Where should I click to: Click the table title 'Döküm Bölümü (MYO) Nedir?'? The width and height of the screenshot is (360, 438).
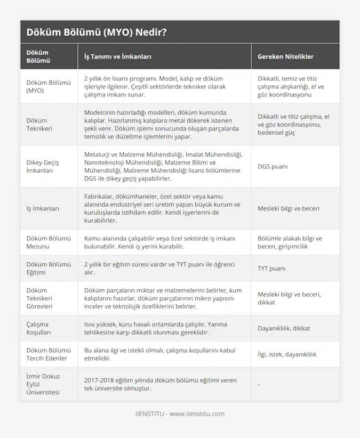pyautogui.click(x=97, y=33)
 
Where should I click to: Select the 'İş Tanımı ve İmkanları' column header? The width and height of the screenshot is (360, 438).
pyautogui.click(x=118, y=56)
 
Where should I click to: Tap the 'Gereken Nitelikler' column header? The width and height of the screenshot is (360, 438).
pyautogui.click(x=285, y=56)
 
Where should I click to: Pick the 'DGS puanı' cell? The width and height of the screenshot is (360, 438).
pyautogui.click(x=273, y=167)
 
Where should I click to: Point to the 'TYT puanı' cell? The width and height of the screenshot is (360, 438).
pyautogui.click(x=271, y=269)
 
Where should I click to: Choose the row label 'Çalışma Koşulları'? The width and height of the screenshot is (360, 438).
pyautogui.click(x=39, y=328)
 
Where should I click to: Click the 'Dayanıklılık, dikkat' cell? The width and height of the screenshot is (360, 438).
pyautogui.click(x=284, y=328)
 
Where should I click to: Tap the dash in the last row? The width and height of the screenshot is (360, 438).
pyautogui.click(x=259, y=384)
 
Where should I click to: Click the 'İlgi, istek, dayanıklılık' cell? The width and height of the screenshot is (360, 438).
pyautogui.click(x=291, y=354)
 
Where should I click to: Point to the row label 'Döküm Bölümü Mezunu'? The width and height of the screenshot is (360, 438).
pyautogui.click(x=49, y=242)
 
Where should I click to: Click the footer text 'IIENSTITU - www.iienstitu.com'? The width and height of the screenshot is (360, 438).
pyautogui.click(x=180, y=413)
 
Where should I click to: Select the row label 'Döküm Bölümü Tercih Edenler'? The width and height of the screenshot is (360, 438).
pyautogui.click(x=49, y=354)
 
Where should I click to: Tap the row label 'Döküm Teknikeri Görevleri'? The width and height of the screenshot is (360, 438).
pyautogui.click(x=40, y=298)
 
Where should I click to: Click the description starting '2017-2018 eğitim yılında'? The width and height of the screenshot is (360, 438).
pyautogui.click(x=159, y=384)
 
